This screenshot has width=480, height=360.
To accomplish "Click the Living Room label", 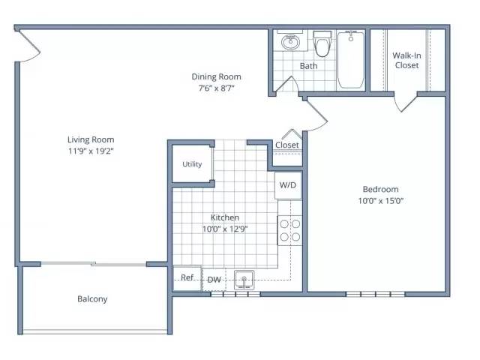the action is click(x=91, y=139).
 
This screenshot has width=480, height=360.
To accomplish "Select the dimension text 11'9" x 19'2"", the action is click(x=91, y=151).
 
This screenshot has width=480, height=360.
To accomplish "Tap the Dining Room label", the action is click(x=217, y=76).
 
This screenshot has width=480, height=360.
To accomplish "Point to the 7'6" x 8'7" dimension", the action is click(x=217, y=88).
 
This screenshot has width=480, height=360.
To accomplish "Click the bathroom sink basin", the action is click(x=291, y=42).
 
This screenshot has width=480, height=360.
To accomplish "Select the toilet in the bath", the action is click(x=322, y=43).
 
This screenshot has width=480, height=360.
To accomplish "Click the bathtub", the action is click(x=351, y=59).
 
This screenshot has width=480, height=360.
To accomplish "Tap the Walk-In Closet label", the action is click(x=406, y=60).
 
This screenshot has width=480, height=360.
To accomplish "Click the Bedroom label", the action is click(x=380, y=189).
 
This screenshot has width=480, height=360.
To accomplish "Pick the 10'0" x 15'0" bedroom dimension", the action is click(x=381, y=201).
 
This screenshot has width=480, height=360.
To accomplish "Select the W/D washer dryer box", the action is click(x=288, y=185).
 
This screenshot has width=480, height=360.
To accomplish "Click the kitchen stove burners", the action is click(x=290, y=230).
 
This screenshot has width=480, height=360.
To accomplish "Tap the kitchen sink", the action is click(x=244, y=280).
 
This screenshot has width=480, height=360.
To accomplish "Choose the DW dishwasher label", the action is click(x=214, y=280).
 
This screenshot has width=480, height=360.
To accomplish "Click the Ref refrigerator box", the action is click(x=187, y=277).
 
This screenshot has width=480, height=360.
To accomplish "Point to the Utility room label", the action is click(x=192, y=164).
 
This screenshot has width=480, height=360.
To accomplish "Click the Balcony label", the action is click(x=92, y=299).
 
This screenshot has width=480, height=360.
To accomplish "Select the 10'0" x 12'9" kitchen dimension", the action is click(x=225, y=229).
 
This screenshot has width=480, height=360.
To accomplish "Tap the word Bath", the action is click(x=308, y=66).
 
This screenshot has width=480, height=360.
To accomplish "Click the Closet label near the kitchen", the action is click(x=287, y=145).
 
